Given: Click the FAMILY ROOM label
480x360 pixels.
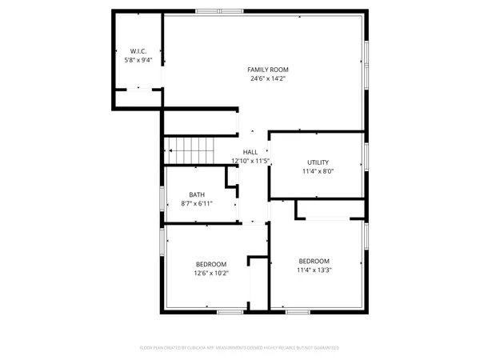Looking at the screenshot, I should click(x=267, y=70).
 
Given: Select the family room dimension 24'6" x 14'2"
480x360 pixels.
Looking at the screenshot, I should click(x=267, y=79).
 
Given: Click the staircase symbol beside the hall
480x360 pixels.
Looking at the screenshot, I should click(x=191, y=149).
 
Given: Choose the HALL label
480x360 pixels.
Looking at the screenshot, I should click(x=250, y=152).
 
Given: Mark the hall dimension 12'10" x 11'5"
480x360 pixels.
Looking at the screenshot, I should click(x=250, y=161).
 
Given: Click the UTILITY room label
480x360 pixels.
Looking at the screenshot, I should click(x=318, y=162).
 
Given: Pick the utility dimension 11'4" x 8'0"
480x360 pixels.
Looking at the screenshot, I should click(x=318, y=171).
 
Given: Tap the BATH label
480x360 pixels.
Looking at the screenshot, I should click(x=197, y=194).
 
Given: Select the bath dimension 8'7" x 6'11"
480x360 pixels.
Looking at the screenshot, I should click(x=197, y=204).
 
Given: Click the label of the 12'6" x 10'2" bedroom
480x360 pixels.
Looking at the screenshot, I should click(x=211, y=264).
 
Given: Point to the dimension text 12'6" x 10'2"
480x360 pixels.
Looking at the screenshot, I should click(x=211, y=274).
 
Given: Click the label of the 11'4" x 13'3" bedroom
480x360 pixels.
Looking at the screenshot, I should click(x=314, y=261).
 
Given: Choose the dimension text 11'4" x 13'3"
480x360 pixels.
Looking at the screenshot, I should click(x=314, y=270).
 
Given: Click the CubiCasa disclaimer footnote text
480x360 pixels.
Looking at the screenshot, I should click(x=240, y=348).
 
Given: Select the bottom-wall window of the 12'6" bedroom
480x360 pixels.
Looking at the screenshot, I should click(x=230, y=310).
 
